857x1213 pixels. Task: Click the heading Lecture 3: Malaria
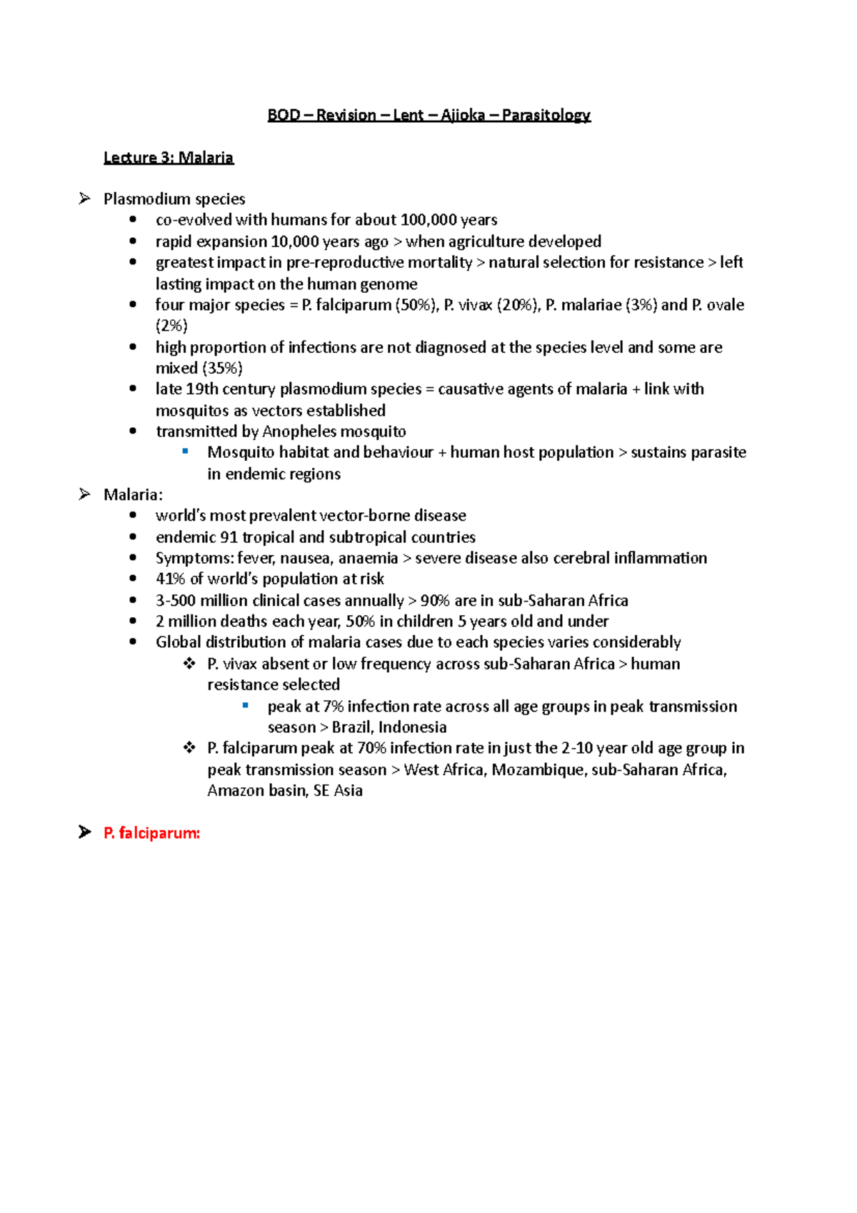(x=169, y=157)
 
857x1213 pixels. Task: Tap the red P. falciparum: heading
(x=151, y=833)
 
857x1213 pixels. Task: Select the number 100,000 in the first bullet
(x=428, y=220)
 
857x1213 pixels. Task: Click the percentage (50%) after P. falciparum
(x=416, y=305)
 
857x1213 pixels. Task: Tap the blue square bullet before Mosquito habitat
(x=186, y=451)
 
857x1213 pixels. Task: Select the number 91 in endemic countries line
(x=229, y=537)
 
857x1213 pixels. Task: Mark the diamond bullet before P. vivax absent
(x=189, y=664)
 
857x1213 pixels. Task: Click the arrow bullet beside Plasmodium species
(x=85, y=199)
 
